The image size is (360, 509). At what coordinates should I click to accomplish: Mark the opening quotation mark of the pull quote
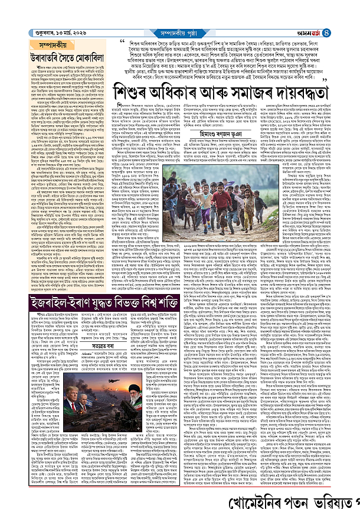[122, 42]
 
